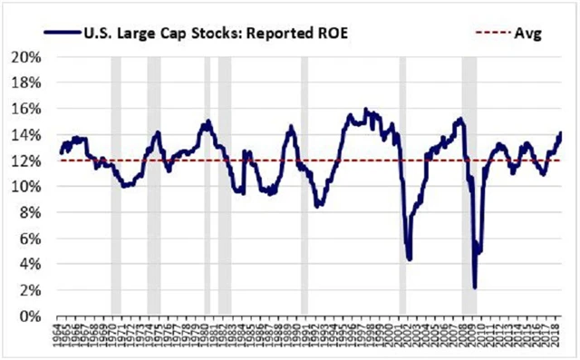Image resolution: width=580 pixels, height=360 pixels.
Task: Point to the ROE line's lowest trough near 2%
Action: [x=475, y=287]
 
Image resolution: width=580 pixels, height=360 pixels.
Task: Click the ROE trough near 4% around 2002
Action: [x=410, y=258]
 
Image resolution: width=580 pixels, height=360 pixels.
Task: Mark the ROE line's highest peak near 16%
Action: [x=366, y=110]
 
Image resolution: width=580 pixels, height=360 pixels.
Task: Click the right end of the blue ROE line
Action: [x=561, y=133]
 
